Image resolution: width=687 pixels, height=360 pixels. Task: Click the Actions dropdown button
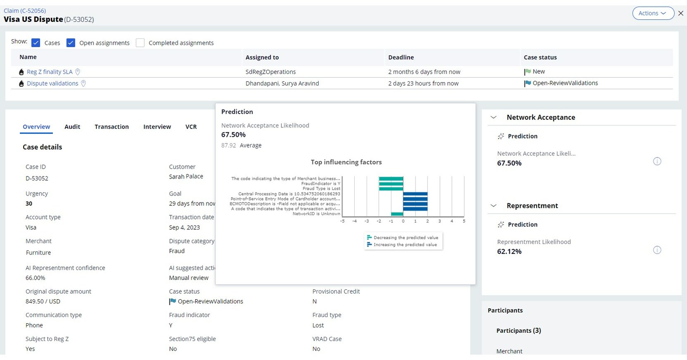(653, 13)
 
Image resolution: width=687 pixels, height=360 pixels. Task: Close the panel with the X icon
(680, 13)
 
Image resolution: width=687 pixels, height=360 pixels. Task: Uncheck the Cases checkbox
(36, 43)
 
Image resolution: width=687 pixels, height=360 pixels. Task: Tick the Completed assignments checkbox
(140, 43)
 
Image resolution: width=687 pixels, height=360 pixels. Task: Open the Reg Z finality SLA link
(50, 72)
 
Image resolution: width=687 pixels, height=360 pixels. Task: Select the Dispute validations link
(52, 83)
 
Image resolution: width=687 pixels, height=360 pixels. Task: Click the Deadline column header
(401, 57)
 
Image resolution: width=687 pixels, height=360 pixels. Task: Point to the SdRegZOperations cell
(271, 72)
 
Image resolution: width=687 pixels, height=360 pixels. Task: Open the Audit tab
(72, 127)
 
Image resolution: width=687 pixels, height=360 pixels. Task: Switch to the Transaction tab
(112, 127)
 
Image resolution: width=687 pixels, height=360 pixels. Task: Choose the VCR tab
(191, 127)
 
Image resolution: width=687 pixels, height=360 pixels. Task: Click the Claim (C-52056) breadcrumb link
(25, 11)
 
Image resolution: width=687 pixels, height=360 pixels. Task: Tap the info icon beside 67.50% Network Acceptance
(657, 162)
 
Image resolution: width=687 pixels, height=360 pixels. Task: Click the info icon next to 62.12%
(657, 250)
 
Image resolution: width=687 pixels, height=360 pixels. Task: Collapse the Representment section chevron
(493, 206)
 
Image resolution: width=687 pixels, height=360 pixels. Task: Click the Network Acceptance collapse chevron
(493, 117)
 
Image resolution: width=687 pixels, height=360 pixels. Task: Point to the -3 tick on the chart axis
(367, 222)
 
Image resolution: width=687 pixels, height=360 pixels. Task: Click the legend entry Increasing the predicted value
(405, 245)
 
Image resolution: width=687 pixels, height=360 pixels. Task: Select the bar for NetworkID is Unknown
(397, 214)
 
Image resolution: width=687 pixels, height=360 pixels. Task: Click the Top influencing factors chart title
(346, 162)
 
